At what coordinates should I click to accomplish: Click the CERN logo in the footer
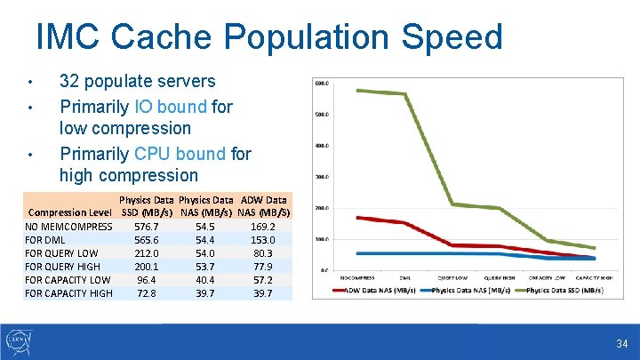click(20, 341)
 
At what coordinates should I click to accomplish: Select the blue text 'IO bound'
click(170, 107)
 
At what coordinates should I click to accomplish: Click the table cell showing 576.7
click(146, 227)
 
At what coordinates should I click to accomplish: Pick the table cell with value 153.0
click(262, 240)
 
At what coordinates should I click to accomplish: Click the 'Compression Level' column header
click(69, 213)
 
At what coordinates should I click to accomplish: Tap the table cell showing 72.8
click(146, 293)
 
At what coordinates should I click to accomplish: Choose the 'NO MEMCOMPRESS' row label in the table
click(68, 227)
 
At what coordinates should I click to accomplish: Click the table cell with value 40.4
click(204, 280)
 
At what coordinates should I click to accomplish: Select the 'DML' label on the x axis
click(405, 277)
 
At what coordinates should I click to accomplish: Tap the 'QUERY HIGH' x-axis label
click(500, 277)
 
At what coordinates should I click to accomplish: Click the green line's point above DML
click(405, 94)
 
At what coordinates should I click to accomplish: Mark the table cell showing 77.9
click(262, 267)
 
